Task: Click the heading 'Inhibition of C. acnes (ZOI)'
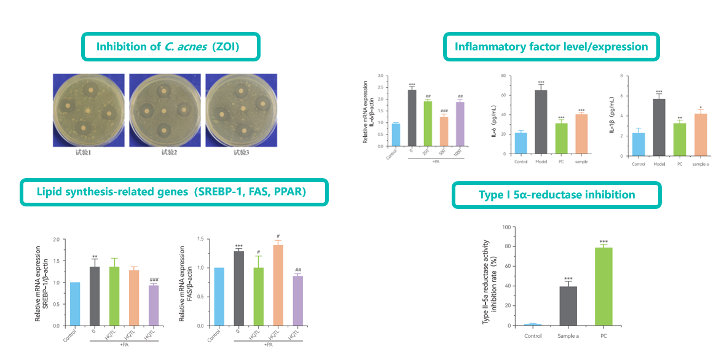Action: [171, 47]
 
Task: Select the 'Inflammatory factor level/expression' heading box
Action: [551, 47]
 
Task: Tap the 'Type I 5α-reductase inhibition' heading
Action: [556, 195]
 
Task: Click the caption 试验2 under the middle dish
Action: [164, 152]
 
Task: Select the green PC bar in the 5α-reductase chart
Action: [603, 286]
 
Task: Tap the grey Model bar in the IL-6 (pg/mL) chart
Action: [541, 123]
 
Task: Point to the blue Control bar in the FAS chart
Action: [219, 297]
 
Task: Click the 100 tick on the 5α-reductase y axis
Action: [508, 227]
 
